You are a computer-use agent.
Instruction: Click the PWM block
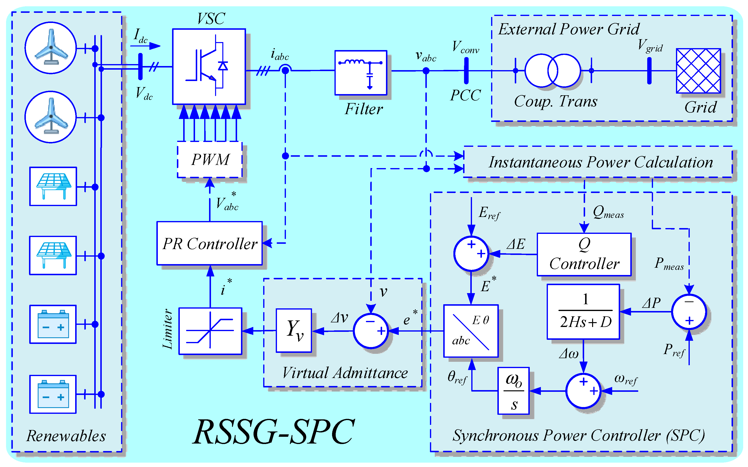coord(210,160)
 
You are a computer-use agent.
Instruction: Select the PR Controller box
coord(210,243)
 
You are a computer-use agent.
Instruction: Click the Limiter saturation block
coord(210,331)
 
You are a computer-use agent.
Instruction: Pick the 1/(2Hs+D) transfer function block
coord(583,311)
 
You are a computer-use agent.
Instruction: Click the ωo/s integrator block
coord(514,391)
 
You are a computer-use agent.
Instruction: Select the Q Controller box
coord(584,254)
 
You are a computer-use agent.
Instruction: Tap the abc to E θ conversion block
coord(471,331)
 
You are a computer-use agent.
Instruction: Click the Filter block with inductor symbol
coord(361,73)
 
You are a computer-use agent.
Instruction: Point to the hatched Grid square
coord(698,71)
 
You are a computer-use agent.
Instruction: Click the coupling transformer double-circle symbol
coord(552,70)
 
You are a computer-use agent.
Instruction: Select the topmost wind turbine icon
coord(51,48)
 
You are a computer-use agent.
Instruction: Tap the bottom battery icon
coord(53,394)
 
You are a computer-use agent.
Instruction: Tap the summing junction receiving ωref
coord(583,391)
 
